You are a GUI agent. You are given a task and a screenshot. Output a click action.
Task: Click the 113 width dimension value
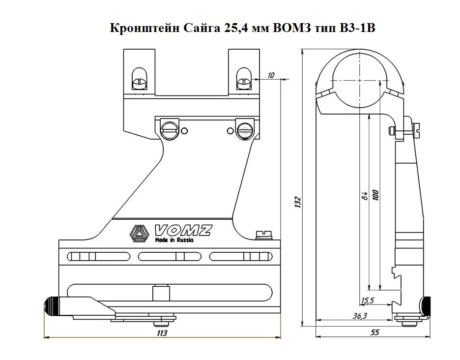coord(162,333)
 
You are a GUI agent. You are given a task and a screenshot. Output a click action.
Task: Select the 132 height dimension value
coord(297,201)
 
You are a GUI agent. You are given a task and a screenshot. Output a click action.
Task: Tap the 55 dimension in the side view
coord(374,332)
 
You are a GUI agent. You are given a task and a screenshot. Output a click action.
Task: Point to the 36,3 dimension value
coord(360,316)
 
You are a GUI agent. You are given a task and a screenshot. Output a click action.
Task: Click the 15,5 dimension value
coord(367,300)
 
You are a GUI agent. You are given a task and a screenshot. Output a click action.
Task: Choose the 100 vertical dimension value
coord(376,194)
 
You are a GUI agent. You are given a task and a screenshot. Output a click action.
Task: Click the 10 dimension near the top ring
coord(271,75)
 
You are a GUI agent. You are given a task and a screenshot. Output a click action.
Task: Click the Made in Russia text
coord(173,241)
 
